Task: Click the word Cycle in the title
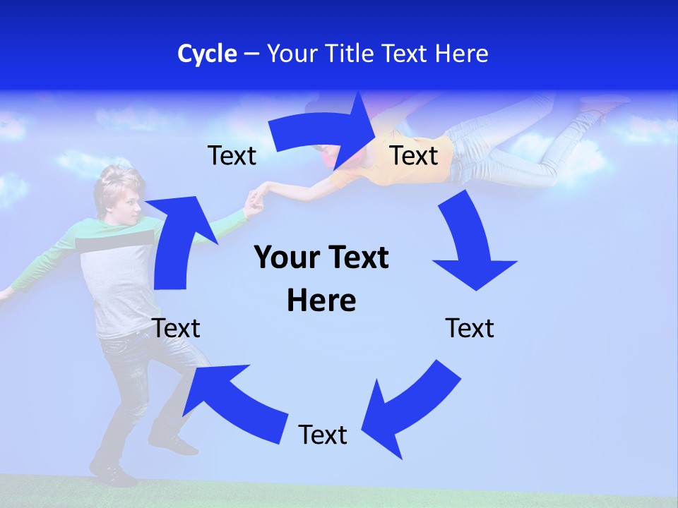[207, 54]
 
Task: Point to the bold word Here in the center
[321, 301]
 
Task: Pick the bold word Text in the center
[357, 258]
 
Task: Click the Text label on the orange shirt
[414, 155]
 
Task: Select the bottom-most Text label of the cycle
[323, 435]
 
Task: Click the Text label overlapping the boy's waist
[176, 328]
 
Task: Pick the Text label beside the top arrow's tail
[232, 155]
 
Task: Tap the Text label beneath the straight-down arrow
[470, 328]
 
